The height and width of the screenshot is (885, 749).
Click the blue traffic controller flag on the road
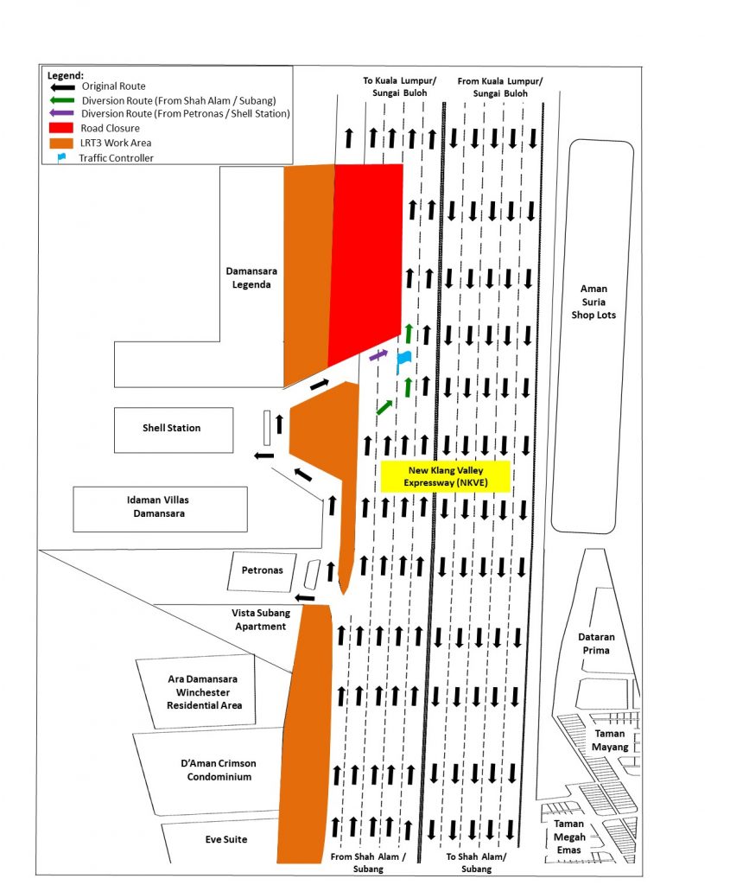point(403,360)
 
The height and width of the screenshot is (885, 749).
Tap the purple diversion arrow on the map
point(378,355)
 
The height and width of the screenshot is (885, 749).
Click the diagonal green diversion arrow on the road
point(384,407)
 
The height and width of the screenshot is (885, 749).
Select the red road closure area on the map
point(366,263)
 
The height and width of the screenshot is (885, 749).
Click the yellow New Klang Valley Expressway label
point(446,476)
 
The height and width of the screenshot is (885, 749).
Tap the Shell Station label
point(171,428)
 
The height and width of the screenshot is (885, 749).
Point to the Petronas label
point(263,570)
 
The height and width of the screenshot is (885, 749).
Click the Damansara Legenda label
point(251,277)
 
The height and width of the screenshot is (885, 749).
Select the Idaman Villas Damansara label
point(158,506)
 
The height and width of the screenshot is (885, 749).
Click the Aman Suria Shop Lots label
point(593,302)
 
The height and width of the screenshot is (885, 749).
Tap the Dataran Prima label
point(596,643)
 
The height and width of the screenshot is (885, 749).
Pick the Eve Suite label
point(226,839)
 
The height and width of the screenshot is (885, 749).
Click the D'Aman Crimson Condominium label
point(219,770)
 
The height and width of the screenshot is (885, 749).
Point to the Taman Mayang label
point(610,740)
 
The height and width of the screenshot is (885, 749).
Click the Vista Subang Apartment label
point(261,619)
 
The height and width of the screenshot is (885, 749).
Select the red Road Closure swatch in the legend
point(61,128)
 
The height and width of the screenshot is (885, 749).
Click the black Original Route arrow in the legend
point(62,87)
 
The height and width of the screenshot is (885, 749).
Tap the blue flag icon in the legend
point(61,158)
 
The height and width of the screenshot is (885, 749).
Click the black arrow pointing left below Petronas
point(305,598)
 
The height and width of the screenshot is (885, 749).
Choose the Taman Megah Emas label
point(568,837)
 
